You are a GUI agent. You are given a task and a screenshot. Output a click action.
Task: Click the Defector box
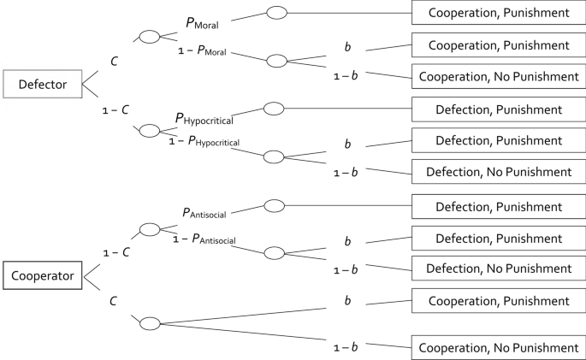pos(43,83)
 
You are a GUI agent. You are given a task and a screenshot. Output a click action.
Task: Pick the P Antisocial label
pos(204,212)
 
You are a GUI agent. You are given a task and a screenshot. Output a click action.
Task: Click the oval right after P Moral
pos(277,13)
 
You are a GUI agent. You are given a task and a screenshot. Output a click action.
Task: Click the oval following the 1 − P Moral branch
pos(276,61)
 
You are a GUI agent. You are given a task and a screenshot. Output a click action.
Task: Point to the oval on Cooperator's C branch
pos(149,323)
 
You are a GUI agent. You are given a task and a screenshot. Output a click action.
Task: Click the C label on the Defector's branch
pos(113,61)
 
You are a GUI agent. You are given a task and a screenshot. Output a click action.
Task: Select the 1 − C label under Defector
pos(114,109)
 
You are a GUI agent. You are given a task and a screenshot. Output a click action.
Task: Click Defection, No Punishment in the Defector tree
pos(498,172)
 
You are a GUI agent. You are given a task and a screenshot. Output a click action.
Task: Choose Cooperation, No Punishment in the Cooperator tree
pos(498,348)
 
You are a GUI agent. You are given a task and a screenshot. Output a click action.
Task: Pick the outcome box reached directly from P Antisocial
pos(498,206)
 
